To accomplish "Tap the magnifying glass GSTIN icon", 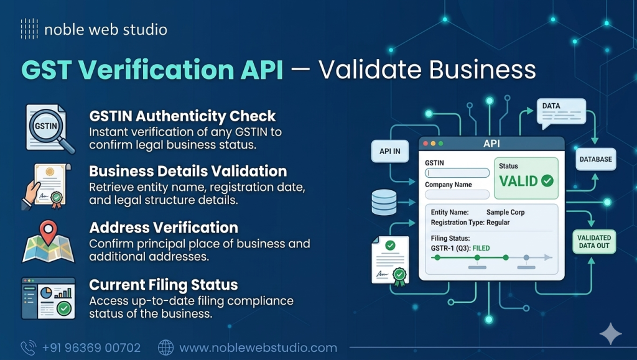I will coord(49,127).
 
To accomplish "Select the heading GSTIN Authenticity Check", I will coord(182,116).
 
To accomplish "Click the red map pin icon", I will coord(48,232).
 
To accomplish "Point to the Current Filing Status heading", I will coord(164,285).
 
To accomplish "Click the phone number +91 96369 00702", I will coord(91,348).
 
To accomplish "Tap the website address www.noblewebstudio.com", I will coord(258,348).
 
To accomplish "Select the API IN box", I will coord(390,151).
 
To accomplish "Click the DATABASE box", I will coord(595,159).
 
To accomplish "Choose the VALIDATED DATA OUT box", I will coord(594,242).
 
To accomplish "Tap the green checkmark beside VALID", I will coord(547,181).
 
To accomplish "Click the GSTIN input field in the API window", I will coord(457,173).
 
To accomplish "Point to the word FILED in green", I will coord(481,248).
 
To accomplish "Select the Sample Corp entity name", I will coord(505,212).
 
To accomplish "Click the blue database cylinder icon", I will coord(384,203).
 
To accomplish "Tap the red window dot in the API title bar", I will coord(426,144).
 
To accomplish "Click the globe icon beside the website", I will coord(165,348).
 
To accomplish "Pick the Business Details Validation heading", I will coord(188,171).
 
